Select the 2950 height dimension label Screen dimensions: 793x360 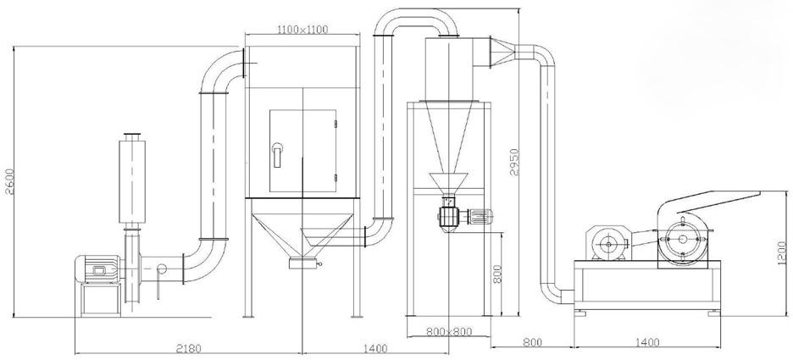point(514,162)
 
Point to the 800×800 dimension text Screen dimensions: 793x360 point(448,332)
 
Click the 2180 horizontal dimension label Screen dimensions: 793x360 point(189,348)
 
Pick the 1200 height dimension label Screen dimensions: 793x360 point(783,252)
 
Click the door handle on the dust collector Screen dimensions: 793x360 point(277,155)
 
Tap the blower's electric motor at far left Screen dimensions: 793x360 point(97,269)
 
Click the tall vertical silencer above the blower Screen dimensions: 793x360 point(132,182)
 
